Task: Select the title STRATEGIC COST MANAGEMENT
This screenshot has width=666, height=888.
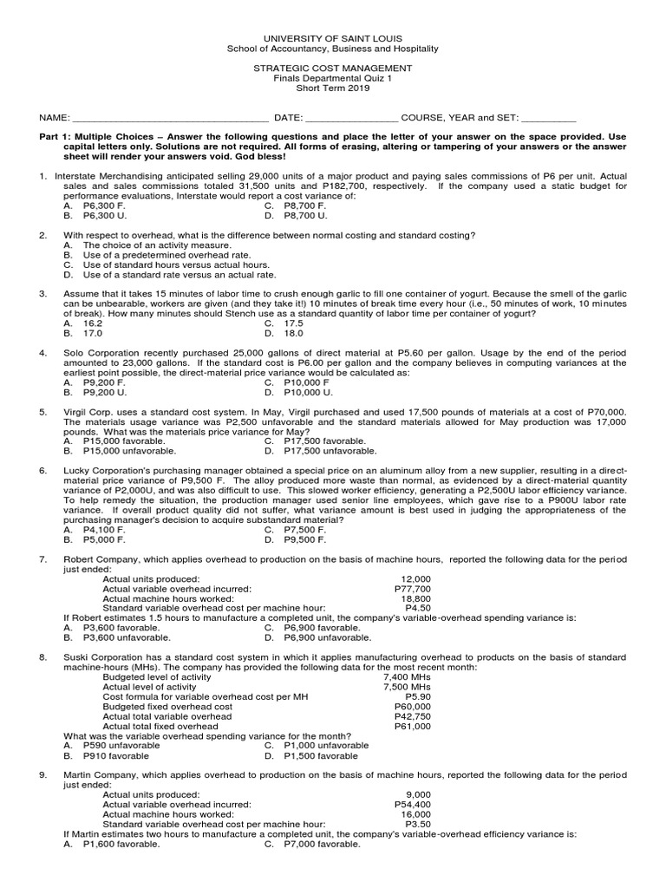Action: click(333, 67)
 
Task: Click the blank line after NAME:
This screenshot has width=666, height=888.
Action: click(169, 119)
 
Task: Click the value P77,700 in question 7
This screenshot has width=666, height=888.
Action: click(412, 588)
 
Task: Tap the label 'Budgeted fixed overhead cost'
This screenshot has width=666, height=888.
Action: click(166, 707)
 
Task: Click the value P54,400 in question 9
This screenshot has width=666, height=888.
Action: click(412, 804)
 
